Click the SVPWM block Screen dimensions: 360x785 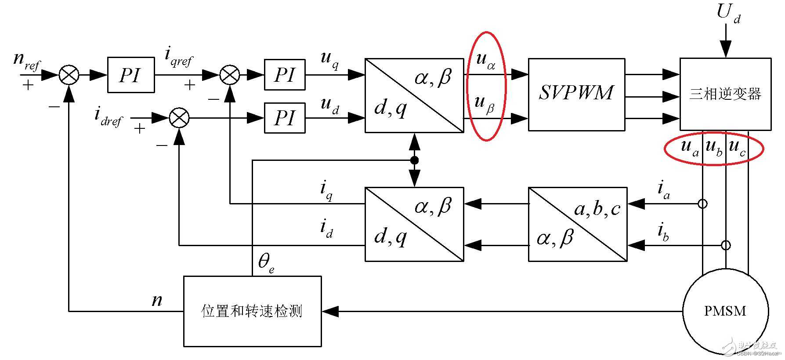pyautogui.click(x=576, y=95)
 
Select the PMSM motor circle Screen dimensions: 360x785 pyautogui.click(x=725, y=311)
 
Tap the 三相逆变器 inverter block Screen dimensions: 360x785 pyautogui.click(x=725, y=94)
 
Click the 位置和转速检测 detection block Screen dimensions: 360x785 pyautogui.click(x=252, y=311)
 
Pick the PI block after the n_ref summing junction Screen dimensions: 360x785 pyautogui.click(x=131, y=75)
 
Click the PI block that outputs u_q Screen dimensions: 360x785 pyautogui.click(x=285, y=75)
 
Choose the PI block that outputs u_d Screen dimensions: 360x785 pyautogui.click(x=285, y=118)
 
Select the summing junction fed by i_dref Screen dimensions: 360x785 pyautogui.click(x=179, y=118)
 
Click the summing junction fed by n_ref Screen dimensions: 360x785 pyautogui.click(x=69, y=75)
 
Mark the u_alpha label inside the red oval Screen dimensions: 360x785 pyautogui.click(x=485, y=61)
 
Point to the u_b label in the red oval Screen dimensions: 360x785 pyautogui.click(x=714, y=148)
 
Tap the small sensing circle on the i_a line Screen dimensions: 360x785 pyautogui.click(x=703, y=204)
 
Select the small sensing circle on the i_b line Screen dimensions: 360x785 pyautogui.click(x=726, y=245)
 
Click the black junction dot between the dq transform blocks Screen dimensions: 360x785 pyautogui.click(x=414, y=160)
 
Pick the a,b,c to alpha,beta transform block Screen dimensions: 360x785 pyautogui.click(x=577, y=224)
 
